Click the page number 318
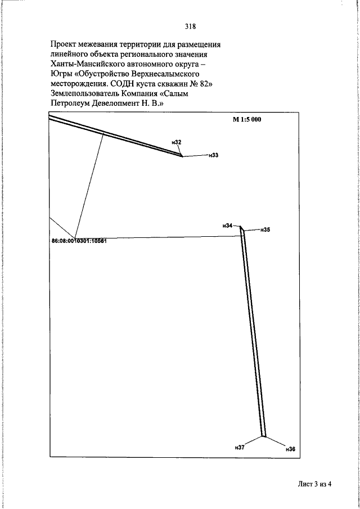coord(190,26)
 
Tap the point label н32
coord(177,142)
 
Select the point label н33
coord(214,155)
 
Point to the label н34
coord(228,226)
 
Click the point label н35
coord(265,230)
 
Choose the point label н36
coord(291,449)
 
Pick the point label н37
coord(240,447)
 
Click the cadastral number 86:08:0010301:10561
coord(79,241)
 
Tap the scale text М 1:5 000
coord(247,119)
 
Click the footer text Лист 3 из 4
coord(314,484)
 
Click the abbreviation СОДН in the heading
coord(121,84)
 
